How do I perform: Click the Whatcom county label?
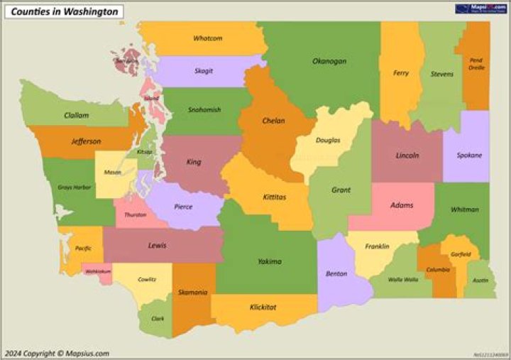pyautogui.click(x=207, y=38)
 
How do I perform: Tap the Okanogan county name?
pyautogui.click(x=329, y=62)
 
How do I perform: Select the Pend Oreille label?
pyautogui.click(x=476, y=64)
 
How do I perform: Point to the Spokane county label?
pyautogui.click(x=469, y=156)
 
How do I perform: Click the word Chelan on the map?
pyautogui.click(x=273, y=121)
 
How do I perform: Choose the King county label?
pyautogui.click(x=194, y=162)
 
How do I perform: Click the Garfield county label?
pyautogui.click(x=460, y=254)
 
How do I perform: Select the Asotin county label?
pyautogui.click(x=480, y=280)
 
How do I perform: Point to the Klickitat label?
pyautogui.click(x=263, y=307)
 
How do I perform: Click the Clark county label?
pyautogui.click(x=158, y=319)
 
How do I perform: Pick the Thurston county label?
pyautogui.click(x=135, y=214)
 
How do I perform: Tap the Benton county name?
pyautogui.click(x=336, y=273)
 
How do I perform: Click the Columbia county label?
pyautogui.click(x=437, y=270)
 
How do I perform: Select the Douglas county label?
pyautogui.click(x=328, y=141)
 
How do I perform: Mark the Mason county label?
pyautogui.click(x=112, y=173)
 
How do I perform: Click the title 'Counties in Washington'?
pyautogui.click(x=65, y=11)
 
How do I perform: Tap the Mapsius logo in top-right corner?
pyautogui.click(x=478, y=9)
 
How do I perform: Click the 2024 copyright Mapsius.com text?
pyautogui.click(x=57, y=353)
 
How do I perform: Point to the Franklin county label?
pyautogui.click(x=377, y=246)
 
